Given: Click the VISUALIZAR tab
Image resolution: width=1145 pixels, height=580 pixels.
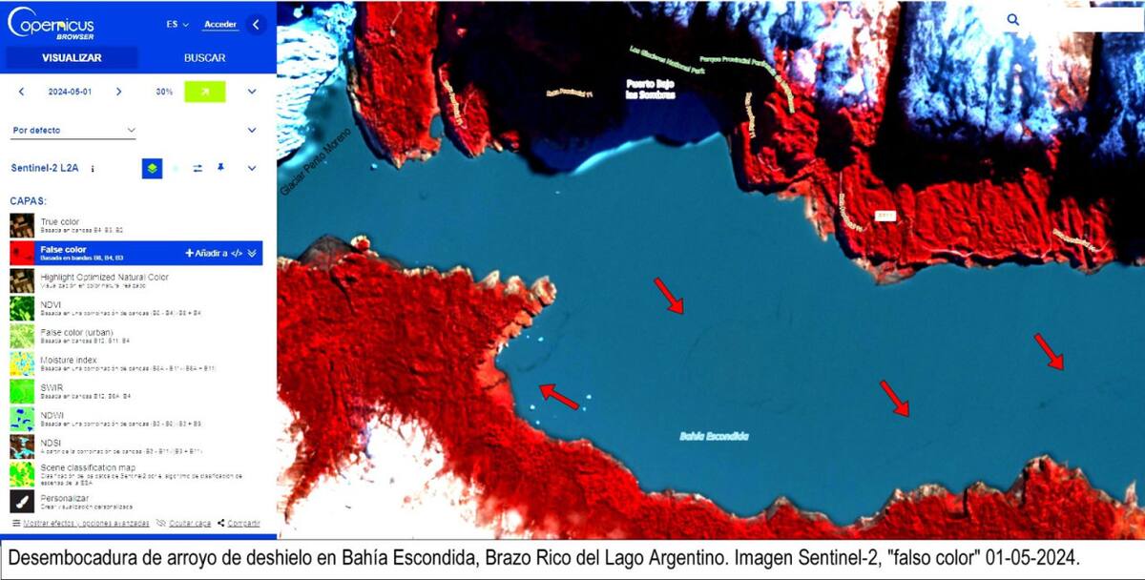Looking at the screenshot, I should pyautogui.click(x=72, y=57).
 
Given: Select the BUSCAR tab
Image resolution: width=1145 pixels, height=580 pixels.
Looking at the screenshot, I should pyautogui.click(x=204, y=57).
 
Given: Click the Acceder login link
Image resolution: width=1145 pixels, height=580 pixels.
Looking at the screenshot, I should pyautogui.click(x=220, y=25).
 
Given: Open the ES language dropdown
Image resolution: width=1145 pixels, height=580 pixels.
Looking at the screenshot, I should pyautogui.click(x=177, y=25).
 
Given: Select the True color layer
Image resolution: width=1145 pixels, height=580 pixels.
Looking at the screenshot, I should pyautogui.click(x=60, y=221).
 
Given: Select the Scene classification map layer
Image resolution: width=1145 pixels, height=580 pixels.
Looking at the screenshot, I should pyautogui.click(x=89, y=467).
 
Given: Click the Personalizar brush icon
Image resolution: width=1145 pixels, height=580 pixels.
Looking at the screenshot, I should pyautogui.click(x=22, y=502).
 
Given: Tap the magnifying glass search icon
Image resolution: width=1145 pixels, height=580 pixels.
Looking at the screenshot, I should pyautogui.click(x=1012, y=19).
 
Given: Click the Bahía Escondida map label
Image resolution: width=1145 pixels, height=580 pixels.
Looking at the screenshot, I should pyautogui.click(x=714, y=436).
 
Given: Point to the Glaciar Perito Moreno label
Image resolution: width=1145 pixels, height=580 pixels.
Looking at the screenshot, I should pyautogui.click(x=316, y=162).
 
